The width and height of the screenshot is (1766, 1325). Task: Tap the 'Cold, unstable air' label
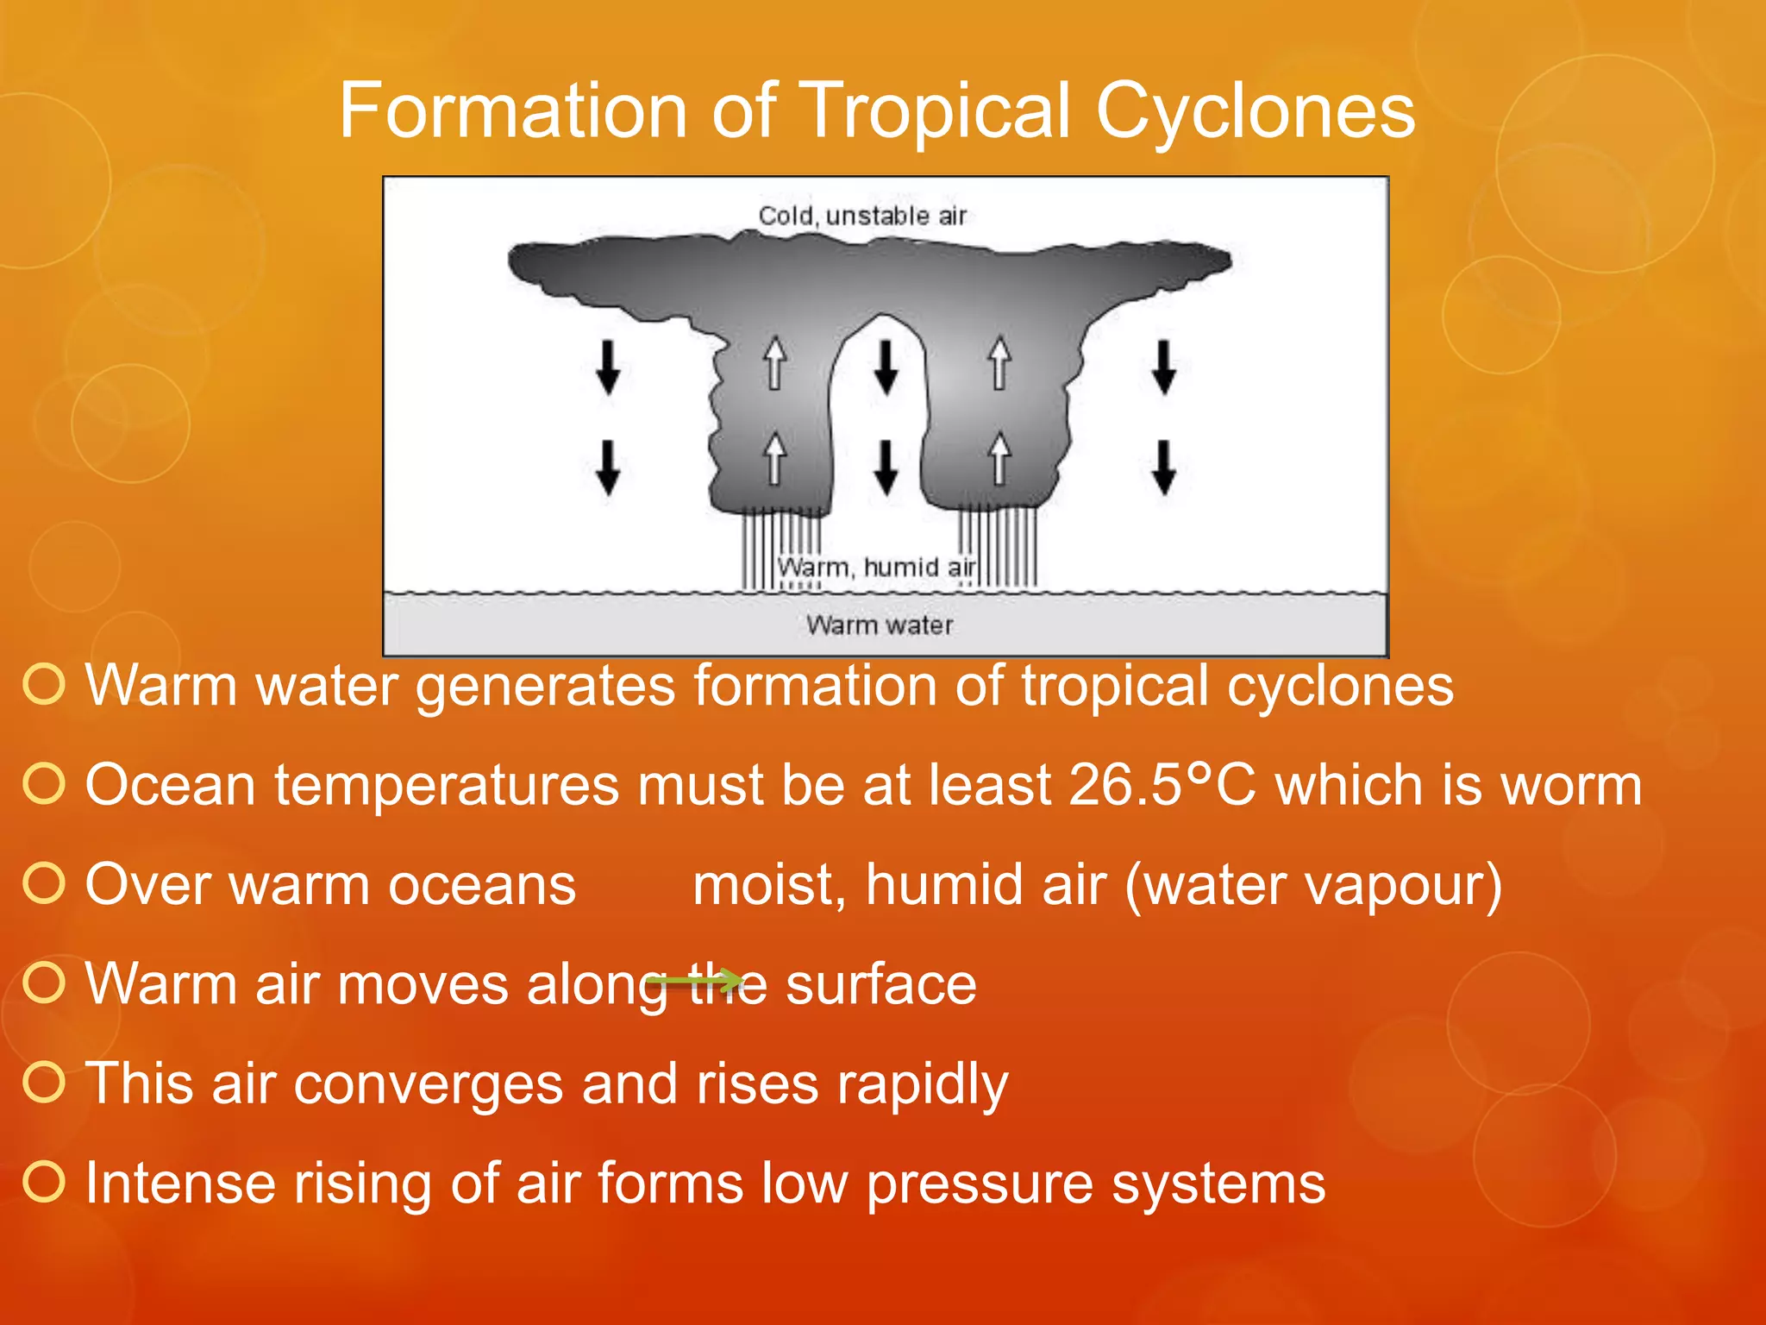point(861,216)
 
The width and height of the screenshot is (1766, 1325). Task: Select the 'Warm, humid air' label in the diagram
point(876,568)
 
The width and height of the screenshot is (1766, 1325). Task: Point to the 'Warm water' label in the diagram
point(880,625)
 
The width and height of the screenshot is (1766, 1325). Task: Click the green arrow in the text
point(695,981)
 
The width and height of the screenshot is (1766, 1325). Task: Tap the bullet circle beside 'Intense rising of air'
point(44,1182)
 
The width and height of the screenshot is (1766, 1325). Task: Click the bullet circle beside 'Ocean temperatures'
point(44,784)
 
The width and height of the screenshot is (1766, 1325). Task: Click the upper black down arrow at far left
point(609,367)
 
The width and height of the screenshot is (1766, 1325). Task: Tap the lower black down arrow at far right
point(1165,467)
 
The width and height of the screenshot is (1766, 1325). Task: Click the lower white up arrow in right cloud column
point(999,459)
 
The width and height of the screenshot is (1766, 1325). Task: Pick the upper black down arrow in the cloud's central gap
point(886,367)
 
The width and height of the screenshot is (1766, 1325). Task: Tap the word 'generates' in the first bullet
point(546,687)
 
